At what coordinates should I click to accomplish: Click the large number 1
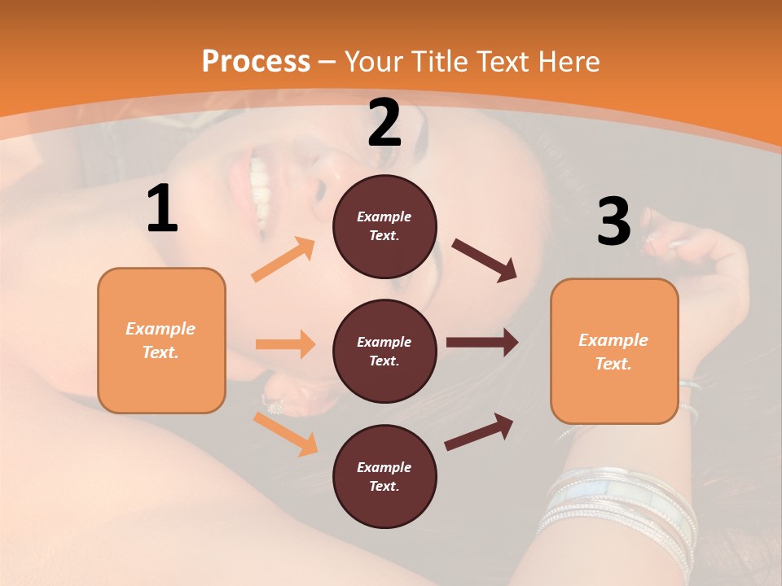click(x=162, y=209)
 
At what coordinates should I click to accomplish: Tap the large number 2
click(x=384, y=123)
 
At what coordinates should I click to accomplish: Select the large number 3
click(x=614, y=221)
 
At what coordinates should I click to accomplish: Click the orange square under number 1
click(x=161, y=340)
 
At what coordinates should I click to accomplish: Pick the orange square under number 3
click(x=614, y=351)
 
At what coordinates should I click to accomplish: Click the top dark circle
click(x=384, y=226)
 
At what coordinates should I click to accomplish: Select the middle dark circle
click(x=384, y=351)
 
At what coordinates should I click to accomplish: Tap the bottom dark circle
click(x=384, y=476)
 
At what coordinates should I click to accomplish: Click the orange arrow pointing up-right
click(x=283, y=259)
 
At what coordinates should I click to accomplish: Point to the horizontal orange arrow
click(x=285, y=344)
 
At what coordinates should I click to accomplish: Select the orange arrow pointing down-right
click(x=285, y=434)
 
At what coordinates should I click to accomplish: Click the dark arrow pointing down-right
click(x=485, y=260)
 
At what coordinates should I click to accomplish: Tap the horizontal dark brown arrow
click(x=482, y=343)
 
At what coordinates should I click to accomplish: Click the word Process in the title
click(x=256, y=61)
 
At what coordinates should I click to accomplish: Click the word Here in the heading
click(x=567, y=61)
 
